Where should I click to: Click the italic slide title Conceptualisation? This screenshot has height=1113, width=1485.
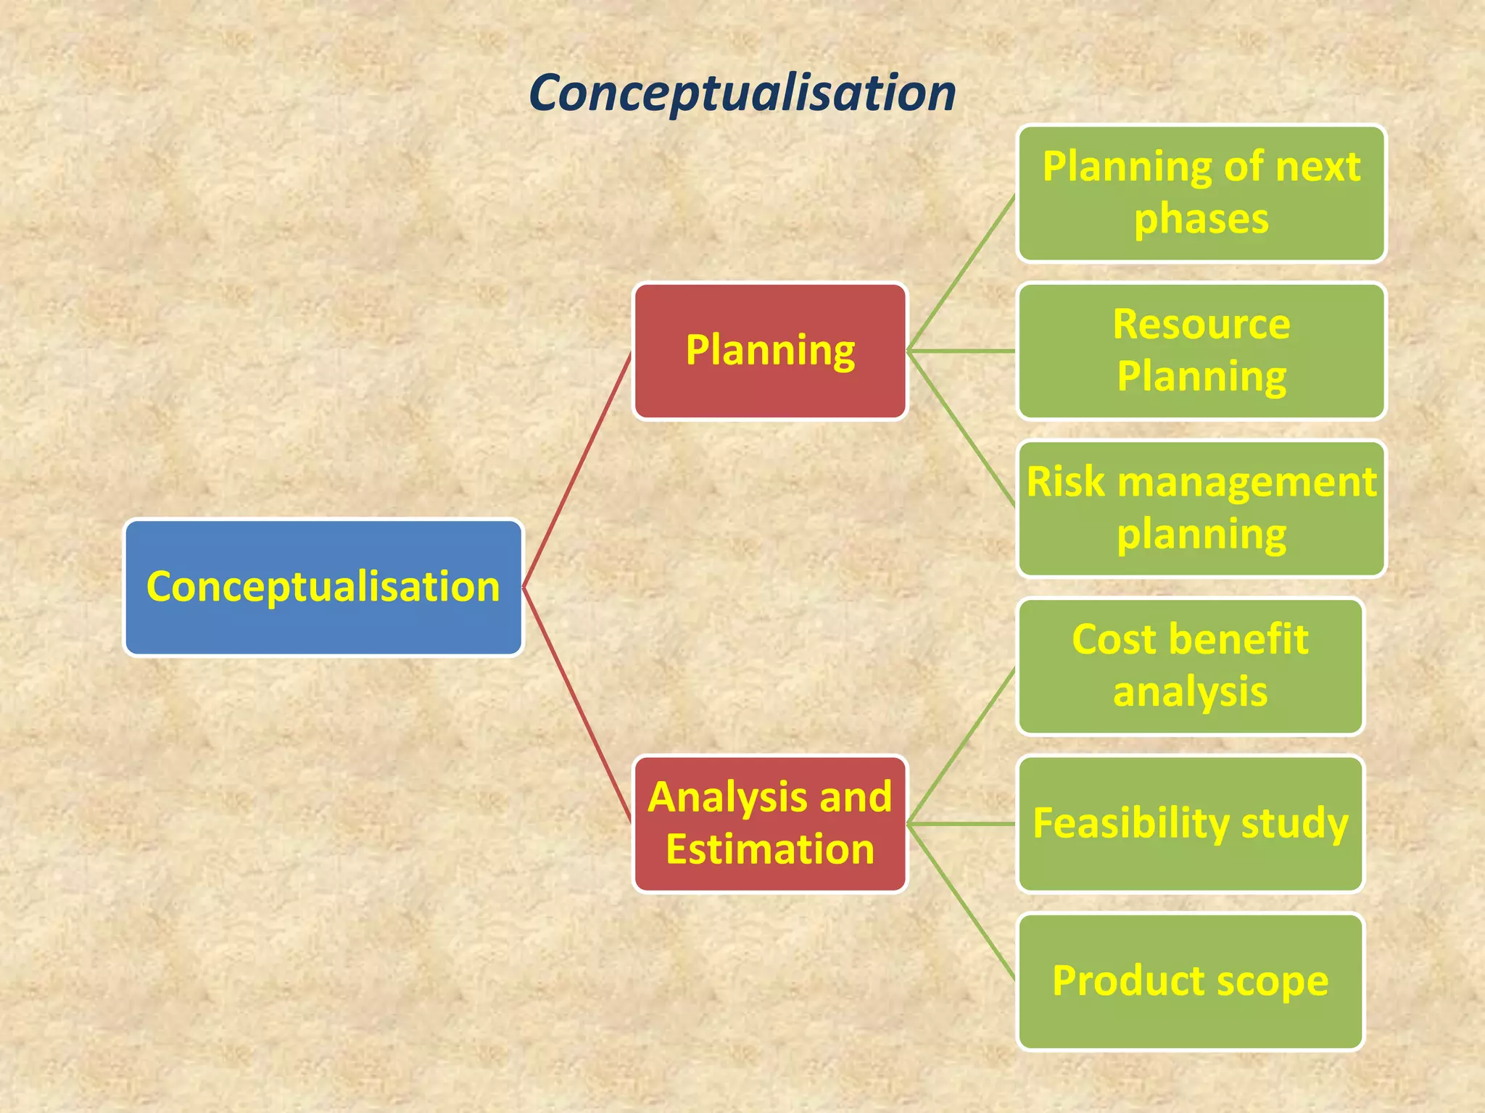[x=742, y=93]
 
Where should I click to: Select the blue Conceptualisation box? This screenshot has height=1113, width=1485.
[x=323, y=587]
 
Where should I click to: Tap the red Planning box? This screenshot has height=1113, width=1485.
[x=770, y=351]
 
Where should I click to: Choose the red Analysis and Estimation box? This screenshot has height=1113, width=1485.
[x=770, y=823]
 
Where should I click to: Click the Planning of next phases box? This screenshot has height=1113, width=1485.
[x=1201, y=193]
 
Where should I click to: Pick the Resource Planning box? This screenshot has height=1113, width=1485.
[x=1201, y=351]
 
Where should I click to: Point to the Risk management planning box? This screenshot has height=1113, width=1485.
[x=1201, y=508]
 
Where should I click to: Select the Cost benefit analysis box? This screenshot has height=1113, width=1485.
[x=1190, y=666]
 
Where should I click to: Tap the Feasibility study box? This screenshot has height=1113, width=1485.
[x=1190, y=823]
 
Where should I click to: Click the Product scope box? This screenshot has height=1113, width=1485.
[x=1190, y=981]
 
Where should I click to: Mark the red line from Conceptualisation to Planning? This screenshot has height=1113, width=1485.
[x=577, y=470]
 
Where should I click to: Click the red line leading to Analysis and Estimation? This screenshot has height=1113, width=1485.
[x=577, y=704]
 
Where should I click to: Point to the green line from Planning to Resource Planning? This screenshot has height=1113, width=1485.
[x=961, y=351]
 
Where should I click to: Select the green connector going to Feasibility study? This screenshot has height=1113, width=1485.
[x=961, y=823]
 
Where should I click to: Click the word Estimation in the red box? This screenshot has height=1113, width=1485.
[x=770, y=849]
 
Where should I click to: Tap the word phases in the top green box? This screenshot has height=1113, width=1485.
[x=1201, y=219]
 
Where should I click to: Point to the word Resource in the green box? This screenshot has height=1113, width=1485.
[x=1201, y=324]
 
